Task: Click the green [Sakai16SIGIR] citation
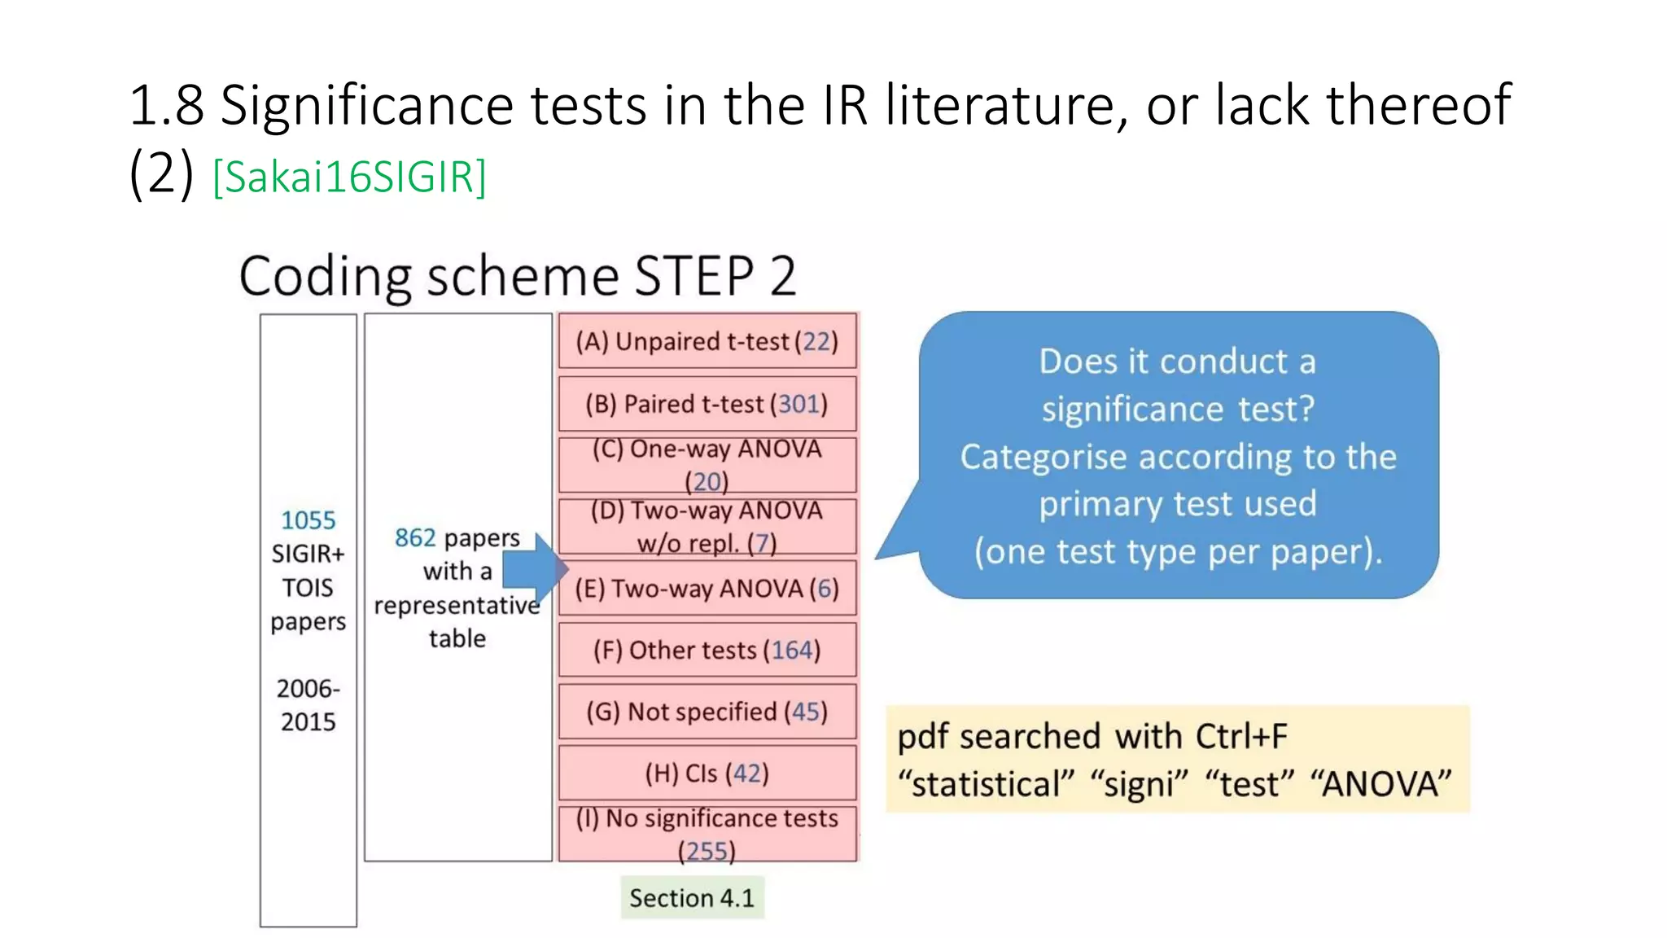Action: (349, 177)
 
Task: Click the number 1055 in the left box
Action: (308, 520)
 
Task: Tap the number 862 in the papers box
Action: (415, 538)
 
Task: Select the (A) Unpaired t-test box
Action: (707, 341)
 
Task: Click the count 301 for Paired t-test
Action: (798, 404)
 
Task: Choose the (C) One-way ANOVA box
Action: (707, 464)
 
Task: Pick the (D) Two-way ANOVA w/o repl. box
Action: (707, 526)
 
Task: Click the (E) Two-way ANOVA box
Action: (707, 588)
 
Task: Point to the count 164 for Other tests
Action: (792, 650)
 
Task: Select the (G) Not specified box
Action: (707, 712)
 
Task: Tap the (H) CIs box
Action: (707, 773)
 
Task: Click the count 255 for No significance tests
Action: (706, 851)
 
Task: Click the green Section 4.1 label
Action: (692, 898)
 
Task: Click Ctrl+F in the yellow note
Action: (1241, 736)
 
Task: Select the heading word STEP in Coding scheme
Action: (694, 276)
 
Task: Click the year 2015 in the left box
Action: (308, 721)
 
